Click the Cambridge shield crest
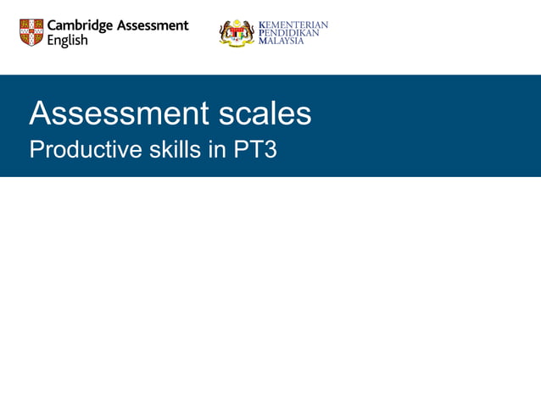(x=31, y=32)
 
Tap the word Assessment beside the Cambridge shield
(x=153, y=25)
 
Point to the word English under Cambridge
(x=67, y=41)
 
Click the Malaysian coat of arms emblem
(x=237, y=32)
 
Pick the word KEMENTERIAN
(x=293, y=25)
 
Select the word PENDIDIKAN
(x=288, y=32)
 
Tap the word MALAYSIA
(x=281, y=41)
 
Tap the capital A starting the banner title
(x=39, y=114)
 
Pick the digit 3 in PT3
(x=270, y=150)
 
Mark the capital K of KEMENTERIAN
(x=261, y=25)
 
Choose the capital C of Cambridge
(x=53, y=25)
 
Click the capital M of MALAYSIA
(x=261, y=41)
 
